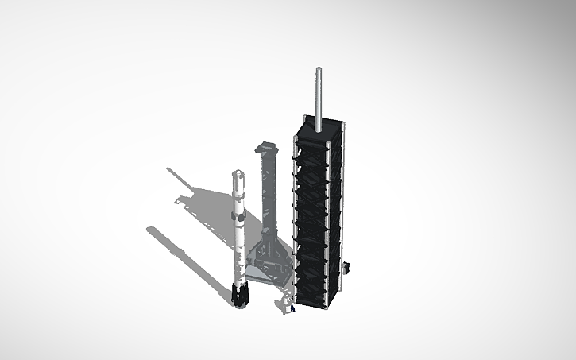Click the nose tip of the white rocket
point(237,171)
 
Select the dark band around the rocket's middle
point(236,216)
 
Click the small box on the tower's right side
point(346,271)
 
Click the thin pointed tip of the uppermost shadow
point(168,168)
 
